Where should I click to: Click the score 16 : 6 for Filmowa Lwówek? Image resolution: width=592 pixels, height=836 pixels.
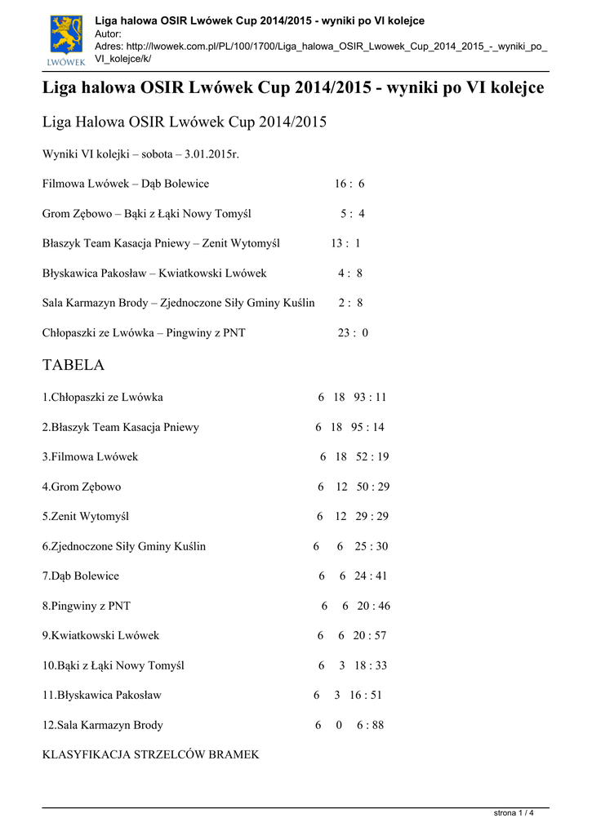pyautogui.click(x=349, y=184)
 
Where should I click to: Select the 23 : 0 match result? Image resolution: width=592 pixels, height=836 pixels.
pyautogui.click(x=353, y=333)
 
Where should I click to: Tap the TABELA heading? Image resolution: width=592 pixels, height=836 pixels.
pyautogui.click(x=73, y=365)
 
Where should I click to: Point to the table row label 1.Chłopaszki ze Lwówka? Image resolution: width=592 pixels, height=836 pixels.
pyautogui.click(x=103, y=398)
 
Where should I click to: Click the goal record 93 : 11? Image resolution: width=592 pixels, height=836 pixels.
pyautogui.click(x=371, y=398)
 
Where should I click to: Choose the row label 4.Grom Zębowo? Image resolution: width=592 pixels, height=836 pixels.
pyautogui.click(x=82, y=487)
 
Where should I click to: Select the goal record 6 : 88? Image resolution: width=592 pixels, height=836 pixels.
pyautogui.click(x=370, y=725)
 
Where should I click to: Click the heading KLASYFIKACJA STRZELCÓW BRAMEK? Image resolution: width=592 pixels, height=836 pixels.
pyautogui.click(x=151, y=755)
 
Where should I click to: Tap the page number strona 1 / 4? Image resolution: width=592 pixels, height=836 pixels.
pyautogui.click(x=514, y=813)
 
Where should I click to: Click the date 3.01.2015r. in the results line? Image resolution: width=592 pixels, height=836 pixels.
pyautogui.click(x=212, y=154)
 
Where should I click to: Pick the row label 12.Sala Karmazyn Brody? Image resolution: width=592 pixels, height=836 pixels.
pyautogui.click(x=103, y=725)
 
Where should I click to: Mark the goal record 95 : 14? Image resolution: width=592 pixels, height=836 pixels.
pyautogui.click(x=368, y=427)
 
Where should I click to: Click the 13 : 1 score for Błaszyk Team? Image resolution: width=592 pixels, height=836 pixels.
pyautogui.click(x=345, y=243)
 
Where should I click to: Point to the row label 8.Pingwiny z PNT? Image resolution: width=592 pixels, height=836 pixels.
pyautogui.click(x=87, y=606)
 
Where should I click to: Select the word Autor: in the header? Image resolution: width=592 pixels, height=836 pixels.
pyautogui.click(x=109, y=34)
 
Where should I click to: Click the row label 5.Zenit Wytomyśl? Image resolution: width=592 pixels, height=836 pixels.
pyautogui.click(x=86, y=517)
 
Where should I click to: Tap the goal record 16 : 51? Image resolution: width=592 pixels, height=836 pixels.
pyautogui.click(x=366, y=696)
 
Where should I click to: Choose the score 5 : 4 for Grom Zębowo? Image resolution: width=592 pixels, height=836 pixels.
pyautogui.click(x=353, y=214)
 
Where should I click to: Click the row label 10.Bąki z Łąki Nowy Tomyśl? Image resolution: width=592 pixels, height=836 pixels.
pyautogui.click(x=114, y=665)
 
